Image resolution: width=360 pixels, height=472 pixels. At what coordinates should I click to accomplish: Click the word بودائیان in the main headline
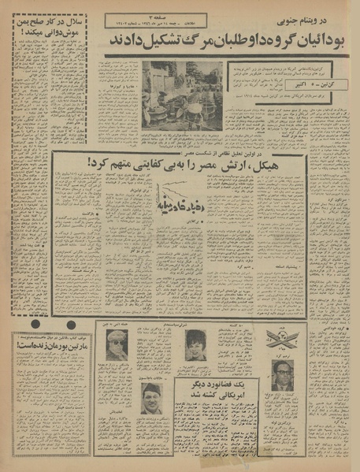(x=327, y=41)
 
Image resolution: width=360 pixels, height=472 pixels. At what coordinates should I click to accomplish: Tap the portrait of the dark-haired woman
(x=195, y=346)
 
